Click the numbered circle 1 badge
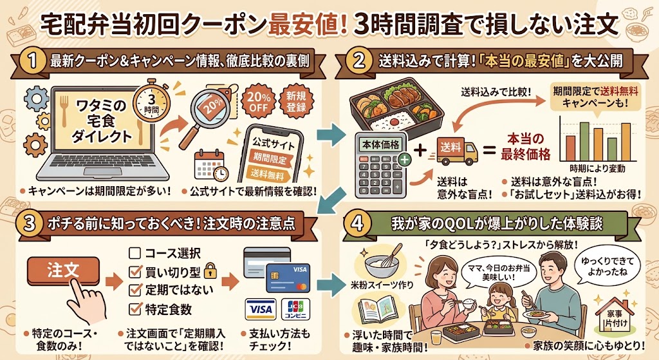pyautogui.click(x=33, y=61)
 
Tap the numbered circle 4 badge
pyautogui.click(x=357, y=223)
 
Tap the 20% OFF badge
pyautogui.click(x=257, y=101)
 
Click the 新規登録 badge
pyautogui.click(x=296, y=101)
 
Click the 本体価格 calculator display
pyautogui.click(x=380, y=145)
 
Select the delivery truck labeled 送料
pyautogui.click(x=457, y=151)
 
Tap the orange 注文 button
pyautogui.click(x=64, y=270)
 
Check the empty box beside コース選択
pyautogui.click(x=135, y=253)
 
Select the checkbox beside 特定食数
pyautogui.click(x=135, y=308)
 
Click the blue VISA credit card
pyautogui.click(x=289, y=278)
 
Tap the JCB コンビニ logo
pyautogui.click(x=295, y=308)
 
